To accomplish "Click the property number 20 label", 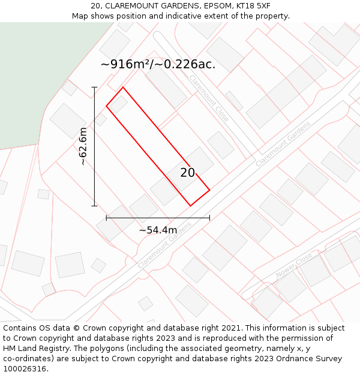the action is coord(188,173).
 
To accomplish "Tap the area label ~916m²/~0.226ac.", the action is coord(158,64).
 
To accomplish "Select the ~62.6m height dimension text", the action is coord(83,146).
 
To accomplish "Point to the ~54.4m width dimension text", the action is coord(158,230).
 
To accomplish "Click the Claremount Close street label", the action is coord(209,98).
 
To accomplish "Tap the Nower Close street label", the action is coord(293,265).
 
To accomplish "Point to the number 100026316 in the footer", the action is coord(25,369).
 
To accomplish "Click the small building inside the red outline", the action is coord(119,104).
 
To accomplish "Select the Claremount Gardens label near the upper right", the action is coord(283,144).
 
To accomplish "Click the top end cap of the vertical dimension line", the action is coord(94,87).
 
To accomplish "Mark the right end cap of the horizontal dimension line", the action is coord(209,218).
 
